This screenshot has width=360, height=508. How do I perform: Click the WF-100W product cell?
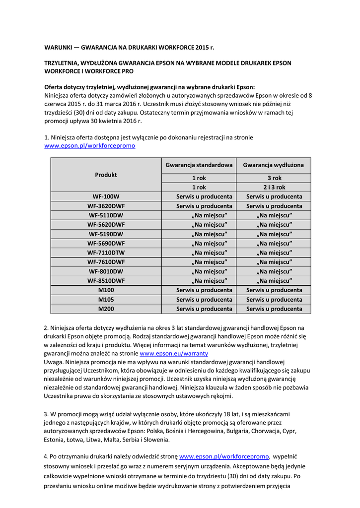(106, 196)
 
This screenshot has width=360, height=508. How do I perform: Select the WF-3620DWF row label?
(106, 206)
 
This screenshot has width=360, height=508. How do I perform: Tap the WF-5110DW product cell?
(106, 215)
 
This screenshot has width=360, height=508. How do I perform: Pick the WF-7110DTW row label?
(106, 253)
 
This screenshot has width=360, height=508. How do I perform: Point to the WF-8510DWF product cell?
(106, 280)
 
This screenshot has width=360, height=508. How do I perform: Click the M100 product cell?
(106, 290)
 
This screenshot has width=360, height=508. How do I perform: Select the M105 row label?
(106, 299)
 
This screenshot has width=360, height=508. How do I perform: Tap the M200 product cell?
(106, 309)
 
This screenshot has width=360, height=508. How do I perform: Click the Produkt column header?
(106, 175)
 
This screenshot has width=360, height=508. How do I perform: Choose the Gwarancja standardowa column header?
(199, 165)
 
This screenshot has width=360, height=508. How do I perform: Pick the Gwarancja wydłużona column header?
(274, 165)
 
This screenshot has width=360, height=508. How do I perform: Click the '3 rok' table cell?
(274, 178)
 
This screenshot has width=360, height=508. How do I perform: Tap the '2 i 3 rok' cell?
(274, 187)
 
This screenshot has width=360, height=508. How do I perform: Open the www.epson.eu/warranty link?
(174, 353)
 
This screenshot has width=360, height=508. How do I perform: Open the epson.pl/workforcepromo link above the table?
(89, 146)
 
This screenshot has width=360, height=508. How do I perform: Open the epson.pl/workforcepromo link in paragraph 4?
(224, 456)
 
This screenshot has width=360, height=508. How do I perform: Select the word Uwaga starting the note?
(54, 362)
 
